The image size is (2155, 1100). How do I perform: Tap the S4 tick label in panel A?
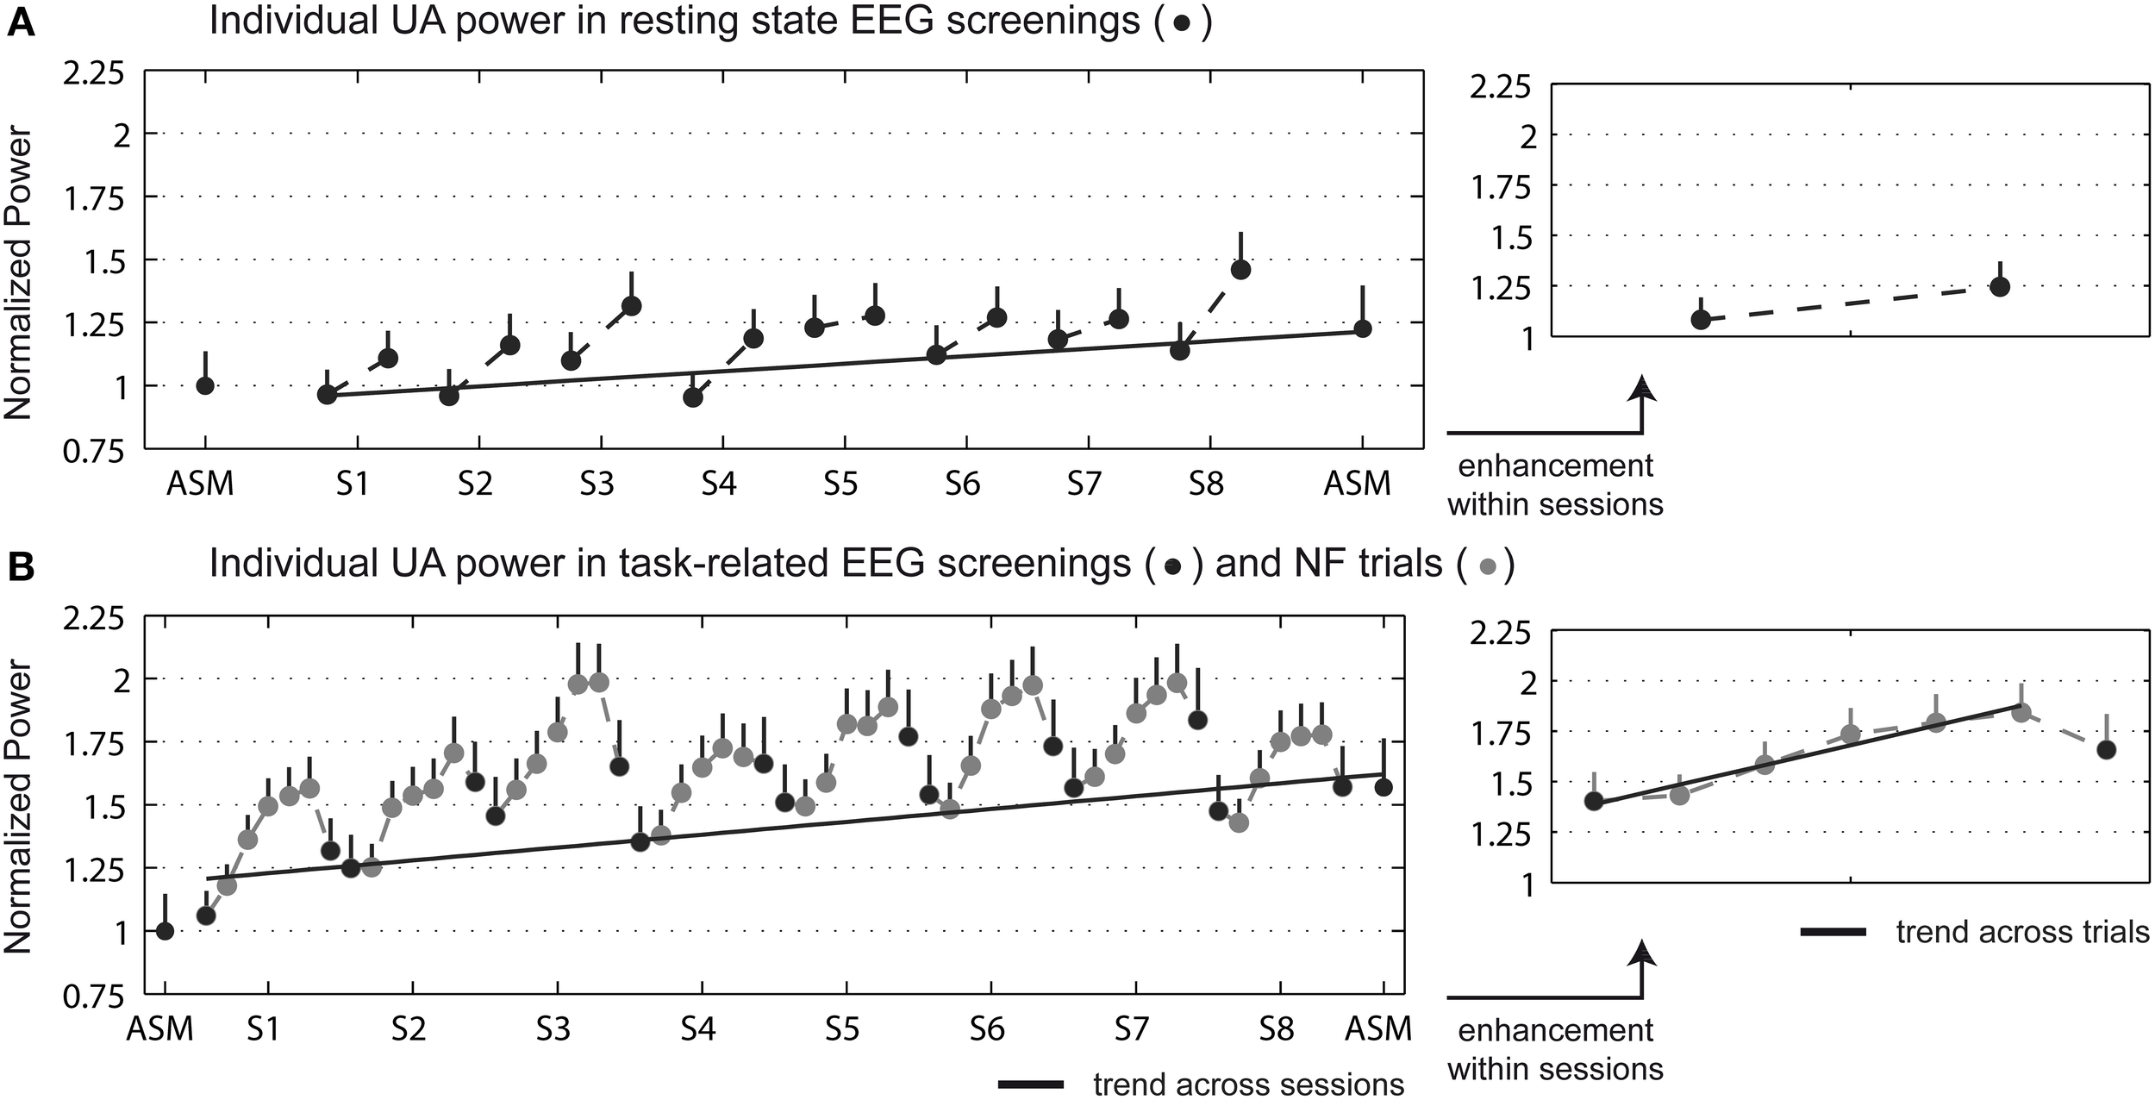(x=718, y=484)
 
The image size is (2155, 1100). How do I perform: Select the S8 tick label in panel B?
(x=1277, y=1028)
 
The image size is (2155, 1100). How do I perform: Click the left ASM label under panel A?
(x=200, y=484)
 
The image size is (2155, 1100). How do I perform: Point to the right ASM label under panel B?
(x=1379, y=1028)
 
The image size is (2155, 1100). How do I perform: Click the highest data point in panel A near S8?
(x=1240, y=270)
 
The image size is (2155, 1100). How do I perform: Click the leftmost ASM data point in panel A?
(x=205, y=385)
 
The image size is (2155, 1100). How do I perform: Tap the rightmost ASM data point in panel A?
(x=1363, y=329)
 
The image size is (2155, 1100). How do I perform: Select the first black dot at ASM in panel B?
(x=165, y=931)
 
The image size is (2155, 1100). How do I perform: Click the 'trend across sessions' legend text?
(x=1248, y=1084)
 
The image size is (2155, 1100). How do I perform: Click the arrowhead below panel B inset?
(x=1643, y=951)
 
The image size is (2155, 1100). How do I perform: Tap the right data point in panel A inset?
(x=1999, y=287)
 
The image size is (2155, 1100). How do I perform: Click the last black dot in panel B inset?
(x=2106, y=750)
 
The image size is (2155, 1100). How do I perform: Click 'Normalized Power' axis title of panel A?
(x=19, y=274)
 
